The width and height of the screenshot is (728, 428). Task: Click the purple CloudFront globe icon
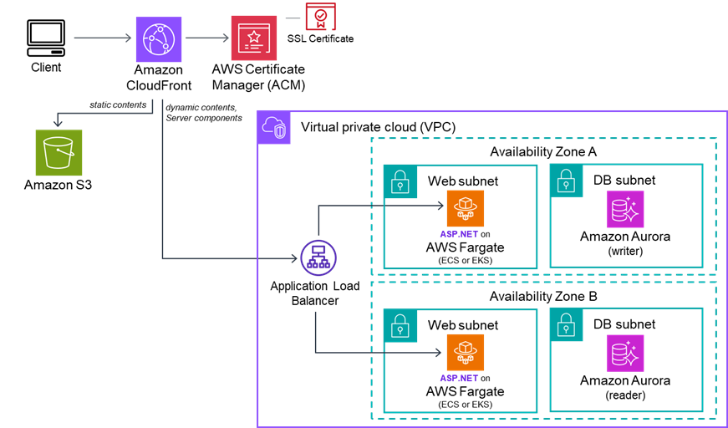[159, 38]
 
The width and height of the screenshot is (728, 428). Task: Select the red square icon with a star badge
[254, 38]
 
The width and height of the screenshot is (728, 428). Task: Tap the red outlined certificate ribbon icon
[320, 17]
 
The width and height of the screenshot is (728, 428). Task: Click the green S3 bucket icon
[59, 153]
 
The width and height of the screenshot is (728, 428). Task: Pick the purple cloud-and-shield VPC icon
[274, 128]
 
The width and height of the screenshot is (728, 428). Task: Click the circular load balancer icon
[318, 257]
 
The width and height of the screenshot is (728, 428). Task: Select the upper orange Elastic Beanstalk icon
[465, 208]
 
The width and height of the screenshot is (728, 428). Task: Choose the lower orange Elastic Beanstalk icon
[465, 352]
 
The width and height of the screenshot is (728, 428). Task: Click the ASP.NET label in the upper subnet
[459, 234]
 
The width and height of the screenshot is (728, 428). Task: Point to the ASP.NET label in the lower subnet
[459, 379]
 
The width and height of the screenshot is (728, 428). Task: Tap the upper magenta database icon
[625, 209]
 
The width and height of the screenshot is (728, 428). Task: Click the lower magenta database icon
[625, 353]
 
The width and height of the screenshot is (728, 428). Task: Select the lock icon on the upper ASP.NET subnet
[400, 181]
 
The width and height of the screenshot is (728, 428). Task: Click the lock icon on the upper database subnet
[566, 181]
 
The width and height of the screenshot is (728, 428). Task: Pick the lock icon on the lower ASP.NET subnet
[400, 325]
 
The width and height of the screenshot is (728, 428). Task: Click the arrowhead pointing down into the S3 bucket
[57, 123]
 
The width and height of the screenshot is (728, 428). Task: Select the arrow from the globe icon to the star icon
[206, 38]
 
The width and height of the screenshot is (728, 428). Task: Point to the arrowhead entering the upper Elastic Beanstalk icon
[440, 206]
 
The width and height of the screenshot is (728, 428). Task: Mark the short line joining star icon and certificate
[293, 18]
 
